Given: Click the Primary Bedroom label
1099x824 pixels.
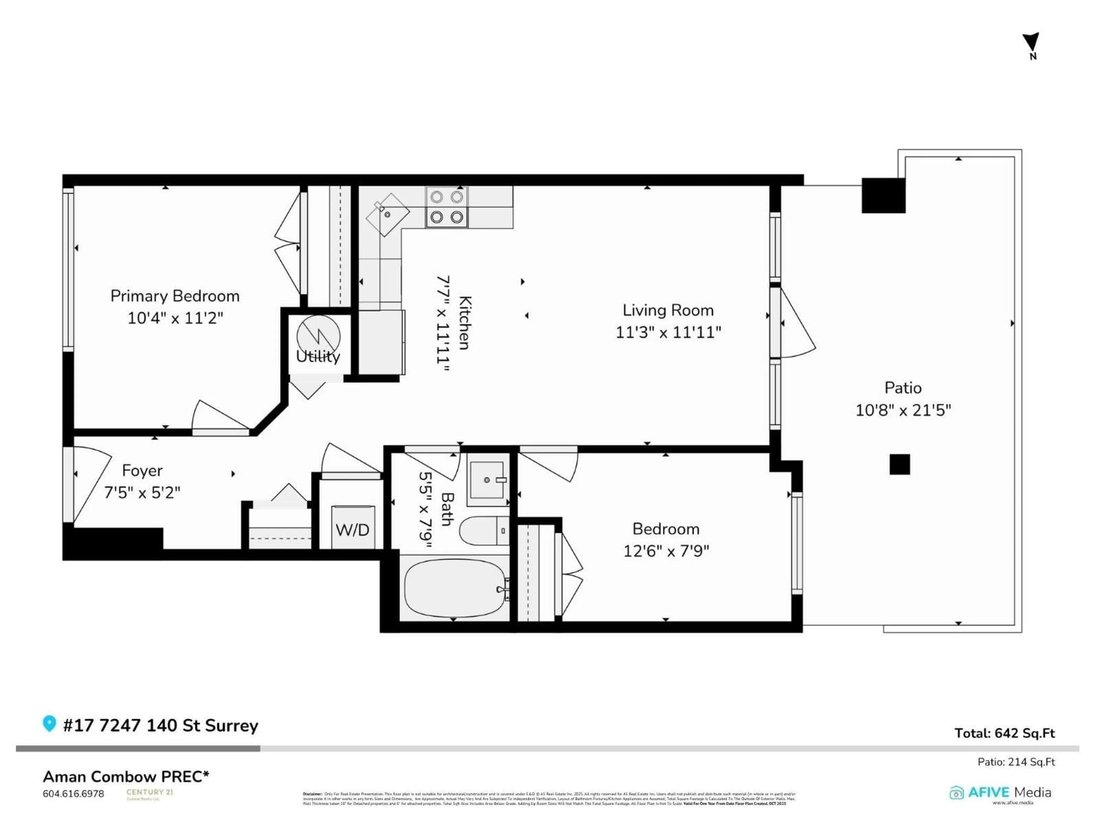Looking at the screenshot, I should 175,296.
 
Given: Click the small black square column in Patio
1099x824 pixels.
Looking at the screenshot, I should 900,464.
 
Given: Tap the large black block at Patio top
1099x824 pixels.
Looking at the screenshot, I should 883,195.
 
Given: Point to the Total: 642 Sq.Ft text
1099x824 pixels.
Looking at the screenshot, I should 1005,733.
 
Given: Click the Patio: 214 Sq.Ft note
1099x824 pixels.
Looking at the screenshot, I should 1016,761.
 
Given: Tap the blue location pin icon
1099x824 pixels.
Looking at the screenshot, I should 49,723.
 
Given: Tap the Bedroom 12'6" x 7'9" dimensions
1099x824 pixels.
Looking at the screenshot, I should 666,551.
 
